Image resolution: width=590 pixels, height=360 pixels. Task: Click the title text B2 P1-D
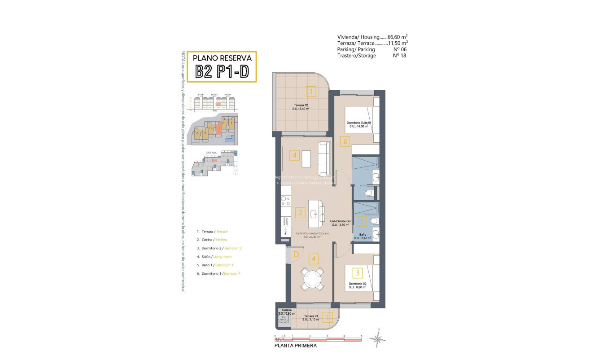222,72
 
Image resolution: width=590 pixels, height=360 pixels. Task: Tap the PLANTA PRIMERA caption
296,346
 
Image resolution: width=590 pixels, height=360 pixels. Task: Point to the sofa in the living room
323,158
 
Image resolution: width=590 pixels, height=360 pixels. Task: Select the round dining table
312,279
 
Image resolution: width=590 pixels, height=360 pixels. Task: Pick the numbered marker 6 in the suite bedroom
344,142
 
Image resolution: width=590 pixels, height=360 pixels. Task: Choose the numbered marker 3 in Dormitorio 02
357,272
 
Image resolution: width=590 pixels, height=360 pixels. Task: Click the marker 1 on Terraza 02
310,92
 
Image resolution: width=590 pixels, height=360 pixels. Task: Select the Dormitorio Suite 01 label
359,125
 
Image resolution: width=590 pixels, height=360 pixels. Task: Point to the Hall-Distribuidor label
340,223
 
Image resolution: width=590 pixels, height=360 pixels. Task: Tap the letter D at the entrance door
296,255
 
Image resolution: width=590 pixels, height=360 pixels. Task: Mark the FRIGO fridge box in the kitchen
284,232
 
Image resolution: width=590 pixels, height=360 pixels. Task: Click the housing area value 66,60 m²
398,37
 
